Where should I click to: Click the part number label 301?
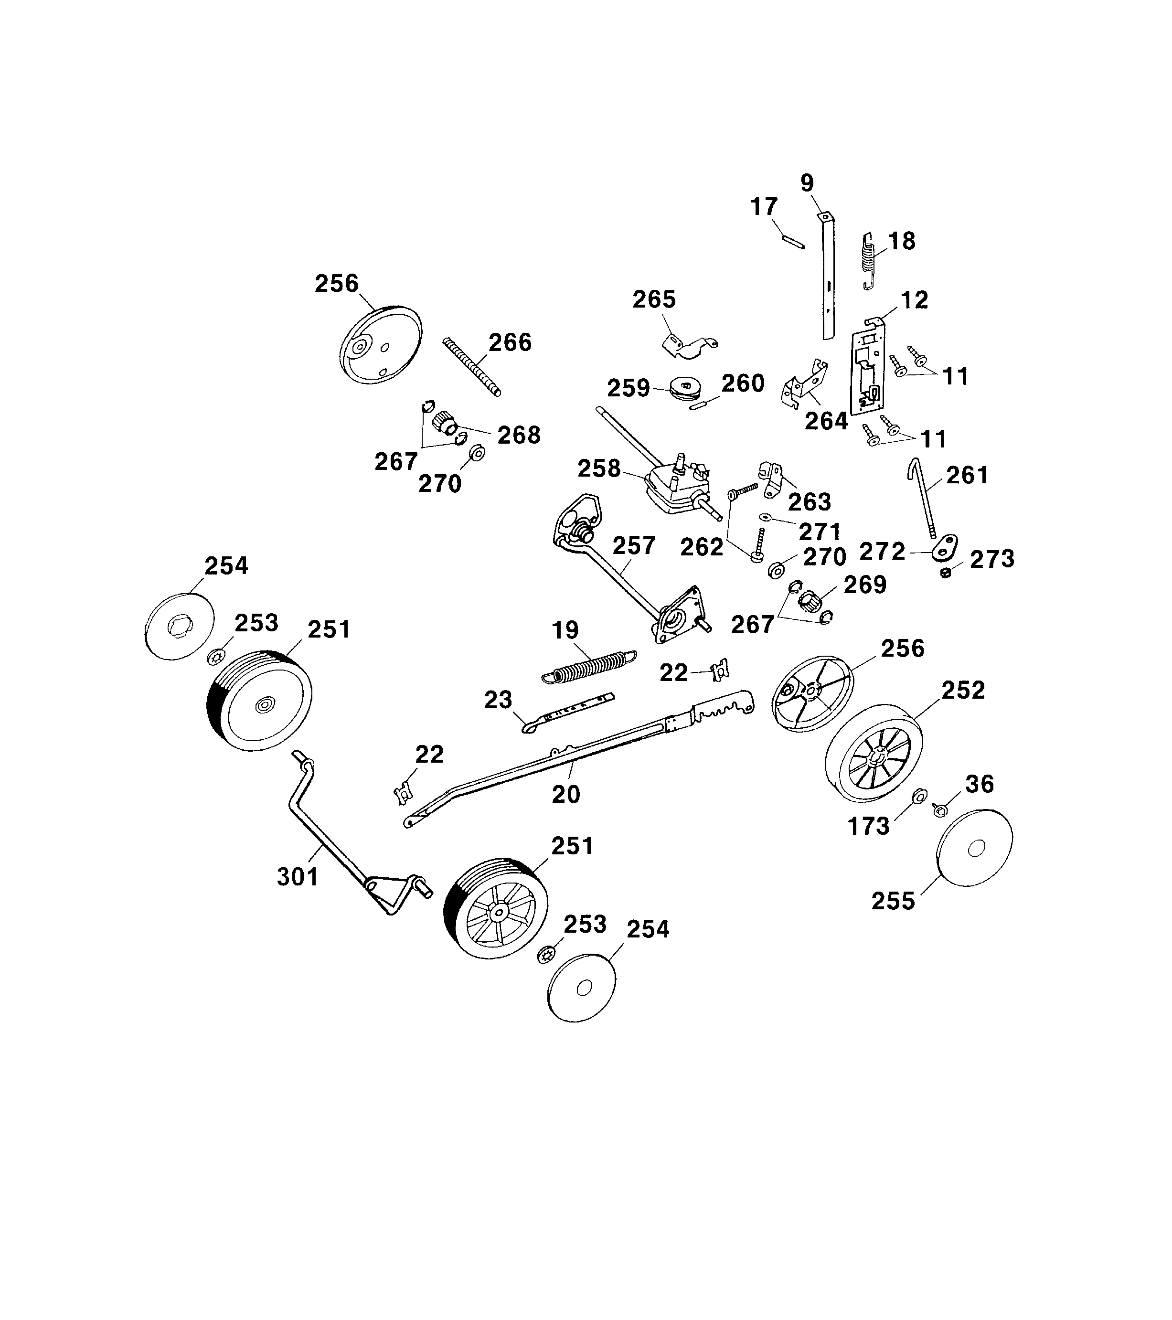pyautogui.click(x=298, y=876)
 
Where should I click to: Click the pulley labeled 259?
pyautogui.click(x=684, y=389)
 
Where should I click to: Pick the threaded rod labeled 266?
pyautogui.click(x=472, y=367)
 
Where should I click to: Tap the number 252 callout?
pyautogui.click(x=963, y=691)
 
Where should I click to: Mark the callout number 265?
pyautogui.click(x=653, y=299)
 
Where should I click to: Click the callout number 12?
pyautogui.click(x=914, y=300)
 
